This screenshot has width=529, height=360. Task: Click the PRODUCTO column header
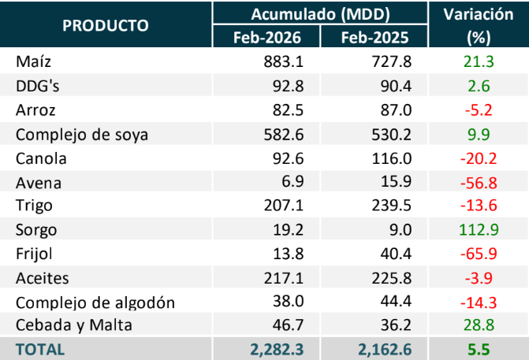[106, 25]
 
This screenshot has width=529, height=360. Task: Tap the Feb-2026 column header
[266, 37]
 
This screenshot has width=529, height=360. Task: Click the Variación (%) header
[479, 25]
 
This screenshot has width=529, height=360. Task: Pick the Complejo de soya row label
[81, 134]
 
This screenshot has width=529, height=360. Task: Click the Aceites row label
[43, 280]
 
